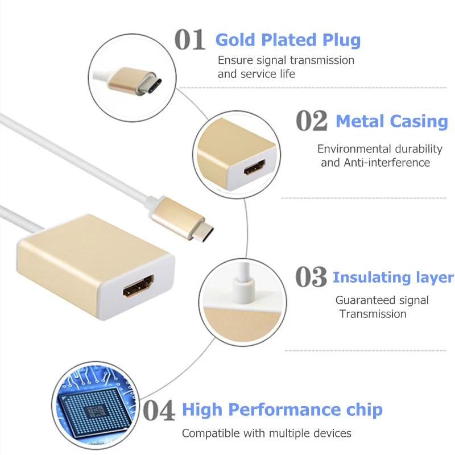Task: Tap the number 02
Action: point(312,121)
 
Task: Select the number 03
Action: point(311,277)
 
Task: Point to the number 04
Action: point(158,410)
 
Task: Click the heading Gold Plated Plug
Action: point(288,40)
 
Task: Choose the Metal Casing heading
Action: point(392,121)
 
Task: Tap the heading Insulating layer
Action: point(393,278)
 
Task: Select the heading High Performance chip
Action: point(282,409)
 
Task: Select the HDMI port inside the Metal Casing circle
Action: point(253,168)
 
